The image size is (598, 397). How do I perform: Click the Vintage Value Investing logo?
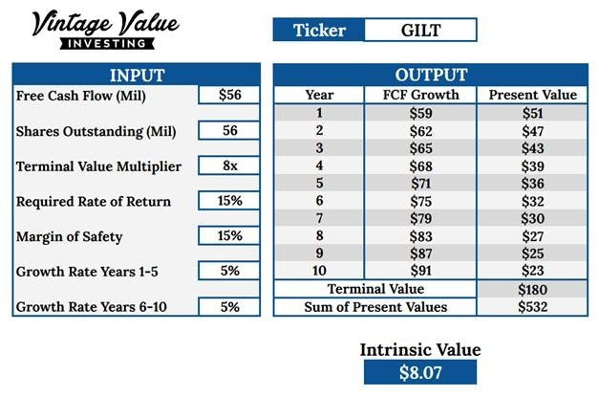coord(105,30)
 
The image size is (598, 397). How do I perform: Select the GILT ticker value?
coord(420,30)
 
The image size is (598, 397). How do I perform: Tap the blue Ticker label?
coord(319,30)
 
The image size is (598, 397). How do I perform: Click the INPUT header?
coord(137,75)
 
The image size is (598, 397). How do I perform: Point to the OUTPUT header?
coord(431,75)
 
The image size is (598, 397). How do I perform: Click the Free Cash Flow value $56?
coord(229,95)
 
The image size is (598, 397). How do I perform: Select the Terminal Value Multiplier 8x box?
coord(229,165)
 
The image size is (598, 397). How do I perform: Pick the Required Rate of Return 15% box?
coord(229,201)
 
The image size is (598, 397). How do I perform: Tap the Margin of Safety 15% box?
coord(229,235)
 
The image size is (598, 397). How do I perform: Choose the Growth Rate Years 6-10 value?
coord(229,307)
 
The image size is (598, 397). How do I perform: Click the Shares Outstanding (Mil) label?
coord(96,131)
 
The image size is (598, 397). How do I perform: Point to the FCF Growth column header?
coord(420,95)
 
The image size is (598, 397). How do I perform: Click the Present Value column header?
coord(532,95)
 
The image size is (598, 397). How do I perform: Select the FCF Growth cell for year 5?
coord(420,184)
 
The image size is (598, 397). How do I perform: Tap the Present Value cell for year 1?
coord(532,113)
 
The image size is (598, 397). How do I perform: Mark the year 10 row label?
coord(319,271)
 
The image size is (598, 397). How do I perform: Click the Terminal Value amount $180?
coord(532,289)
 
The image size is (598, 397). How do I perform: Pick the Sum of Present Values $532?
coord(532,307)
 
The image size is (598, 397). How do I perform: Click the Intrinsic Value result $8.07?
coord(420,372)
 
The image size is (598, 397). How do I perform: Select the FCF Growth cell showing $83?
coord(420,236)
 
